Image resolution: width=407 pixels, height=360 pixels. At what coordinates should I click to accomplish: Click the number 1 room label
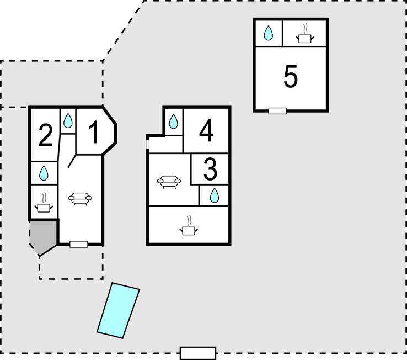pyautogui.click(x=95, y=133)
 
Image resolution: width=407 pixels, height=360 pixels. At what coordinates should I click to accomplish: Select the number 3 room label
pyautogui.click(x=210, y=170)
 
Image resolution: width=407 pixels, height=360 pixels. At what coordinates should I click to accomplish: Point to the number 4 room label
pyautogui.click(x=206, y=131)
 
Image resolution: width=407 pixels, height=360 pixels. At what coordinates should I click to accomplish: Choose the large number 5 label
pyautogui.click(x=291, y=77)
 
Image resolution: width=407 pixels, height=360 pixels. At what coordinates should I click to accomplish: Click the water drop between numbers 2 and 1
pyautogui.click(x=67, y=120)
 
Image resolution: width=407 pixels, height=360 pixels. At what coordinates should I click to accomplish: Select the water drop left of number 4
pyautogui.click(x=173, y=121)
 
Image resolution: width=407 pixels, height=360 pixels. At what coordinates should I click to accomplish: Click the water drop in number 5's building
pyautogui.click(x=268, y=34)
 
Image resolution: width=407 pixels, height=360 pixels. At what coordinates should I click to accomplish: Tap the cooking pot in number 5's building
pyautogui.click(x=305, y=35)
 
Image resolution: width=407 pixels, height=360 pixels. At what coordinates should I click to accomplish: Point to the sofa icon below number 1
pyautogui.click(x=80, y=199)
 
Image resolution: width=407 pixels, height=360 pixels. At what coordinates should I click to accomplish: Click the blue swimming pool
pyautogui.click(x=118, y=310)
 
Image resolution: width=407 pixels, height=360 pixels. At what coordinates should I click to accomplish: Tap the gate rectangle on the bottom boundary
pyautogui.click(x=198, y=353)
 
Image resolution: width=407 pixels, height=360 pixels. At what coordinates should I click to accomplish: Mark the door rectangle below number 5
pyautogui.click(x=277, y=111)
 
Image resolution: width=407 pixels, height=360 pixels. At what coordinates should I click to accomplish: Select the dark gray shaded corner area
pyautogui.click(x=42, y=236)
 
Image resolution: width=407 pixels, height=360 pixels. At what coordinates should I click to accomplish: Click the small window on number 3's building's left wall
pyautogui.click(x=148, y=144)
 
